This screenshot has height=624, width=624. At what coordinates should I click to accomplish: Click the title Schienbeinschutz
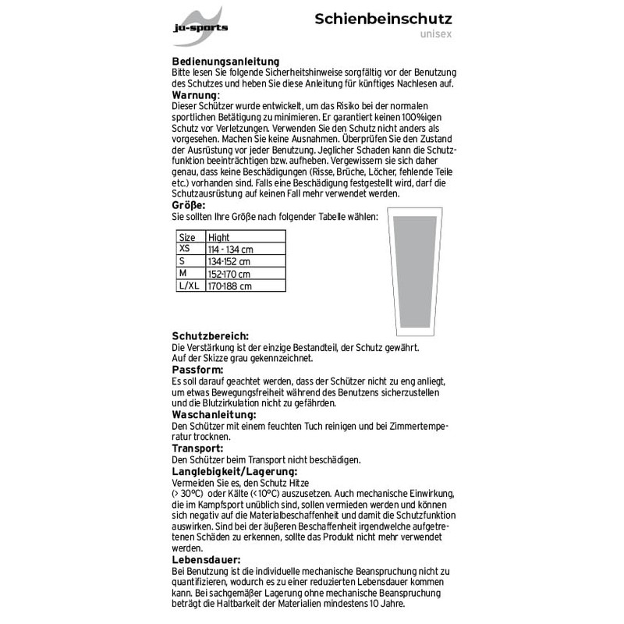(384, 19)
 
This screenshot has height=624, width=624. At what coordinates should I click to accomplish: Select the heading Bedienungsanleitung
(226, 62)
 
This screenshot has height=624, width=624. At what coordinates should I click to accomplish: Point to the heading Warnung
(194, 94)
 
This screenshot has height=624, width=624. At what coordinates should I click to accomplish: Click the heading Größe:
(189, 205)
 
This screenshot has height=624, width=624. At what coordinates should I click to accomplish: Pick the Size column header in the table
(188, 237)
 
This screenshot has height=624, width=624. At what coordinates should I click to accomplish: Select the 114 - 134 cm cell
(231, 249)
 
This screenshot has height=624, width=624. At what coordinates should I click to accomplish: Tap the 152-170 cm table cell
(229, 274)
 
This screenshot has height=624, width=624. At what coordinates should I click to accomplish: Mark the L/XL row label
(190, 286)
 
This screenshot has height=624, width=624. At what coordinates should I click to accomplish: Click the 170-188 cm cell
(230, 286)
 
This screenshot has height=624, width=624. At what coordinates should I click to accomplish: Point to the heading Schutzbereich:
(210, 336)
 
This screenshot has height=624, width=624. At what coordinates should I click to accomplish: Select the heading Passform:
(197, 370)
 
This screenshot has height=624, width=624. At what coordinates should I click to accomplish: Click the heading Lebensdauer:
(206, 560)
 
